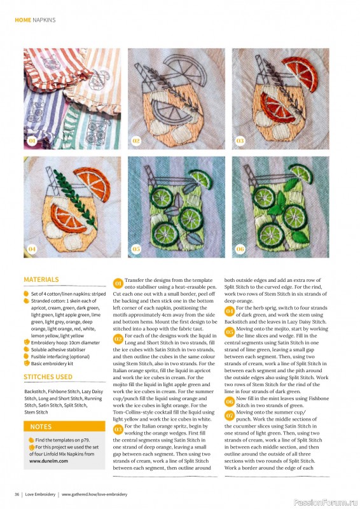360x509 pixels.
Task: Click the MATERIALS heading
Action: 41,279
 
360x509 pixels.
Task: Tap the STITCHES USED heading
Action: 48,377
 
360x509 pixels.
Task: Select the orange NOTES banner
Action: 64,426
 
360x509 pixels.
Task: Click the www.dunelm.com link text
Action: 49,461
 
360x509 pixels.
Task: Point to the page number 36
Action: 17,494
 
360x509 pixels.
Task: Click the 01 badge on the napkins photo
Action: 32,141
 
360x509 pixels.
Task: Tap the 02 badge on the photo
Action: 136,141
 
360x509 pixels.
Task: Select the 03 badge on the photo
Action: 240,141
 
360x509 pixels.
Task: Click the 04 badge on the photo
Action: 32,249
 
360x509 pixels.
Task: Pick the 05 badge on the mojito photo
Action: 136,249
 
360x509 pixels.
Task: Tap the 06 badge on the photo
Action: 240,249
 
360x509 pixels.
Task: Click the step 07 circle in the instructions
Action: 230,415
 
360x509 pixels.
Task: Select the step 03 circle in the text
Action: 118,429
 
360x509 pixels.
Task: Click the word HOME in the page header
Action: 23,20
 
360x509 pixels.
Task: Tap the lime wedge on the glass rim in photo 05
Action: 201,179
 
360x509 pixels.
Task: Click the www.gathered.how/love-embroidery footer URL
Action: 95,494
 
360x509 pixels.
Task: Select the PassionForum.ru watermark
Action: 326,503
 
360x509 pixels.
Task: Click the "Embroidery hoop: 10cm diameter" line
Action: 66,342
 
